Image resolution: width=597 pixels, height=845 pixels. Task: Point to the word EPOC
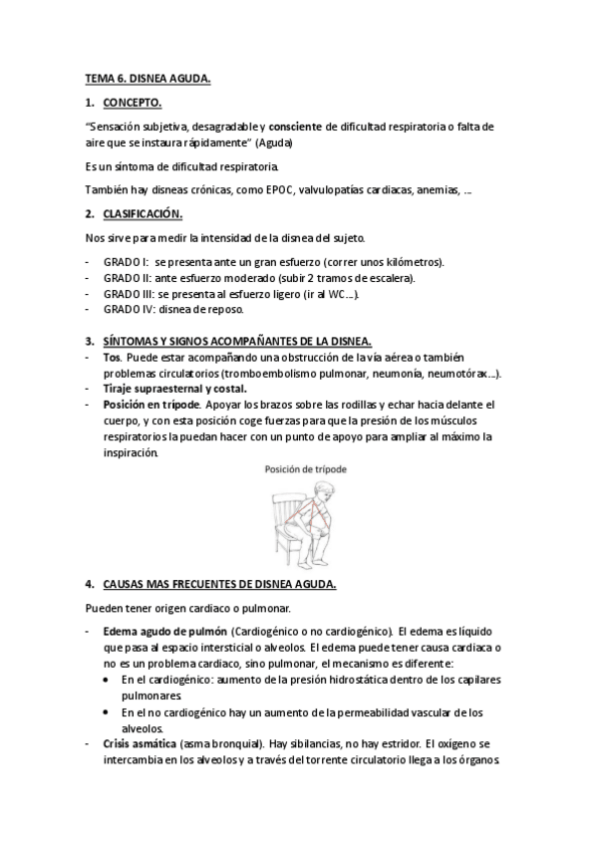click(x=297, y=189)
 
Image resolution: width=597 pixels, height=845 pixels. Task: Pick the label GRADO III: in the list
click(x=130, y=293)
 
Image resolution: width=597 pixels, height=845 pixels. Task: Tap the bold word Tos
click(x=113, y=357)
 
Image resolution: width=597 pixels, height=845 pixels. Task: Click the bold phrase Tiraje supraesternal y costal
click(x=175, y=389)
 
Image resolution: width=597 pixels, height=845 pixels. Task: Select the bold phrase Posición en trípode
click(x=150, y=405)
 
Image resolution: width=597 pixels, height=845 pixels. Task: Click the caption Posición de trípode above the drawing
click(x=305, y=468)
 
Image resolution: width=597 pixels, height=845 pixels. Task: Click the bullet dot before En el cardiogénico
click(x=109, y=680)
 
